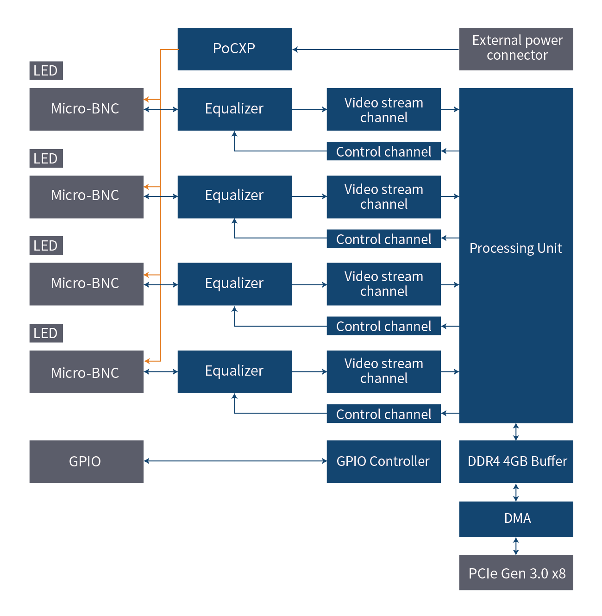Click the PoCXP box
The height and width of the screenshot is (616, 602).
234,49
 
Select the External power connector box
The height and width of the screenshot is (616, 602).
516,49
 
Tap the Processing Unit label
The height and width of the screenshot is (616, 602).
515,248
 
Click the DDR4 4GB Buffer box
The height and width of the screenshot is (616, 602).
516,461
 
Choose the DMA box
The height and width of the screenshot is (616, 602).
516,519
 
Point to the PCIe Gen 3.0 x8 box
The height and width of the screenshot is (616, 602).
516,573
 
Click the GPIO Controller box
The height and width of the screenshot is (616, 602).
383,461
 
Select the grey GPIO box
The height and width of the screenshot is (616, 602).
86,461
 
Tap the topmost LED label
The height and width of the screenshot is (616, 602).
46,71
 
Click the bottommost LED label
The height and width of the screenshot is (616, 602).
46,333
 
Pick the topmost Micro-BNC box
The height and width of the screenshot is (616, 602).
86,109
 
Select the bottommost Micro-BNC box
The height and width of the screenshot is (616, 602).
86,372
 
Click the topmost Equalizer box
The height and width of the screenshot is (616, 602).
234,109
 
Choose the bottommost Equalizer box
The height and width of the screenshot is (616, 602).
234,371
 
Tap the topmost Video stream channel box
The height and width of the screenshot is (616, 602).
383,109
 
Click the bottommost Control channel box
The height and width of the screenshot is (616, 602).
383,414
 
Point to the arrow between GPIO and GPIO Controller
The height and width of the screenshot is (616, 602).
235,461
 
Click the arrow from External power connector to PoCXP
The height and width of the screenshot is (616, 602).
375,50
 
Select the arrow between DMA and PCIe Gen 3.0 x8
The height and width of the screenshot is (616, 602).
516,546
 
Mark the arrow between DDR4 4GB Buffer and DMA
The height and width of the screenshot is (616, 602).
516,492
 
